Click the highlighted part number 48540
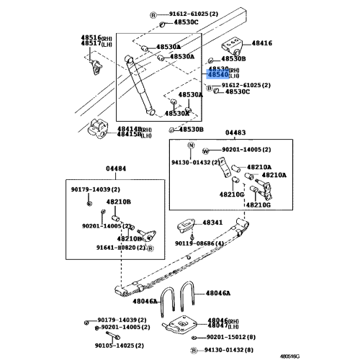click(x=218, y=74)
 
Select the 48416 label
click(x=262, y=44)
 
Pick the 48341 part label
click(x=212, y=223)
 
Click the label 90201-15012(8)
click(x=230, y=337)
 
